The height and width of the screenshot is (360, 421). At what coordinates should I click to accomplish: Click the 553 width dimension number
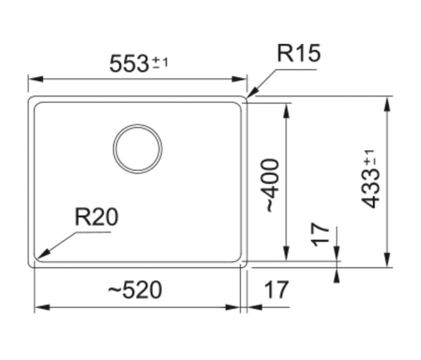pos(129,64)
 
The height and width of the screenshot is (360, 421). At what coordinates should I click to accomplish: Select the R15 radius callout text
pos(298,54)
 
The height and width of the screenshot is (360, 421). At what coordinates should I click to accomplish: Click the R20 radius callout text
pos(96,217)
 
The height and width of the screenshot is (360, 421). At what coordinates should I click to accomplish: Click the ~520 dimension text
pos(135,290)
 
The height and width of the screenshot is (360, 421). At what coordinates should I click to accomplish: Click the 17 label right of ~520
pos(276,290)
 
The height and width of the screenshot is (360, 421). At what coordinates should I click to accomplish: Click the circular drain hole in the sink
pos(138,149)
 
